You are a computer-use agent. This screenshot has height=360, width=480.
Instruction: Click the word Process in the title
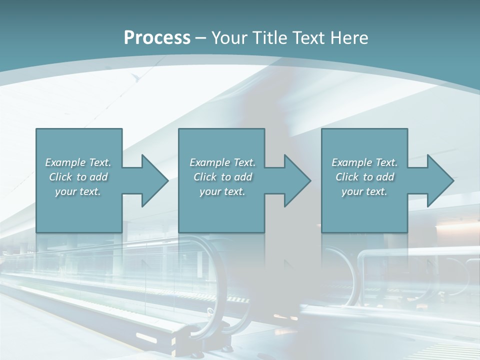click(157, 38)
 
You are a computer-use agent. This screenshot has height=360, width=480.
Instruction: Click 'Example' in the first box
click(65, 162)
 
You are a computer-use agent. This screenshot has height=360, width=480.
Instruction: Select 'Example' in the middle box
click(209, 162)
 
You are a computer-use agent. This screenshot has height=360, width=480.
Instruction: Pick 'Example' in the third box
click(351, 162)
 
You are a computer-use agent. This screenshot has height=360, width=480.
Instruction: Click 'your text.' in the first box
click(78, 191)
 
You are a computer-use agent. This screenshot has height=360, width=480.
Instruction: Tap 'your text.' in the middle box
click(222, 191)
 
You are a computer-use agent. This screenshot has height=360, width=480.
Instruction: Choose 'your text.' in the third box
click(364, 191)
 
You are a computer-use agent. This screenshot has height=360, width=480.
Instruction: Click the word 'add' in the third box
click(386, 177)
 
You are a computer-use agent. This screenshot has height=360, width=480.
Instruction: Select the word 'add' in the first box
click(99, 177)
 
